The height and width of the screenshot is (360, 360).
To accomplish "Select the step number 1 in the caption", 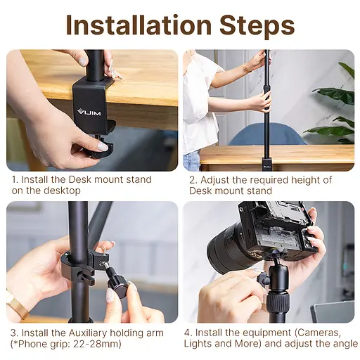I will tap(14, 180).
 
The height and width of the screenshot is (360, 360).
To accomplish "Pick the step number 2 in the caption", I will tap(191, 180).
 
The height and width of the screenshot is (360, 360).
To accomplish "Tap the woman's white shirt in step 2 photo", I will tap(202, 98).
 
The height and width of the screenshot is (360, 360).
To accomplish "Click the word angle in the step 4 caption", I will tap(344, 344).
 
